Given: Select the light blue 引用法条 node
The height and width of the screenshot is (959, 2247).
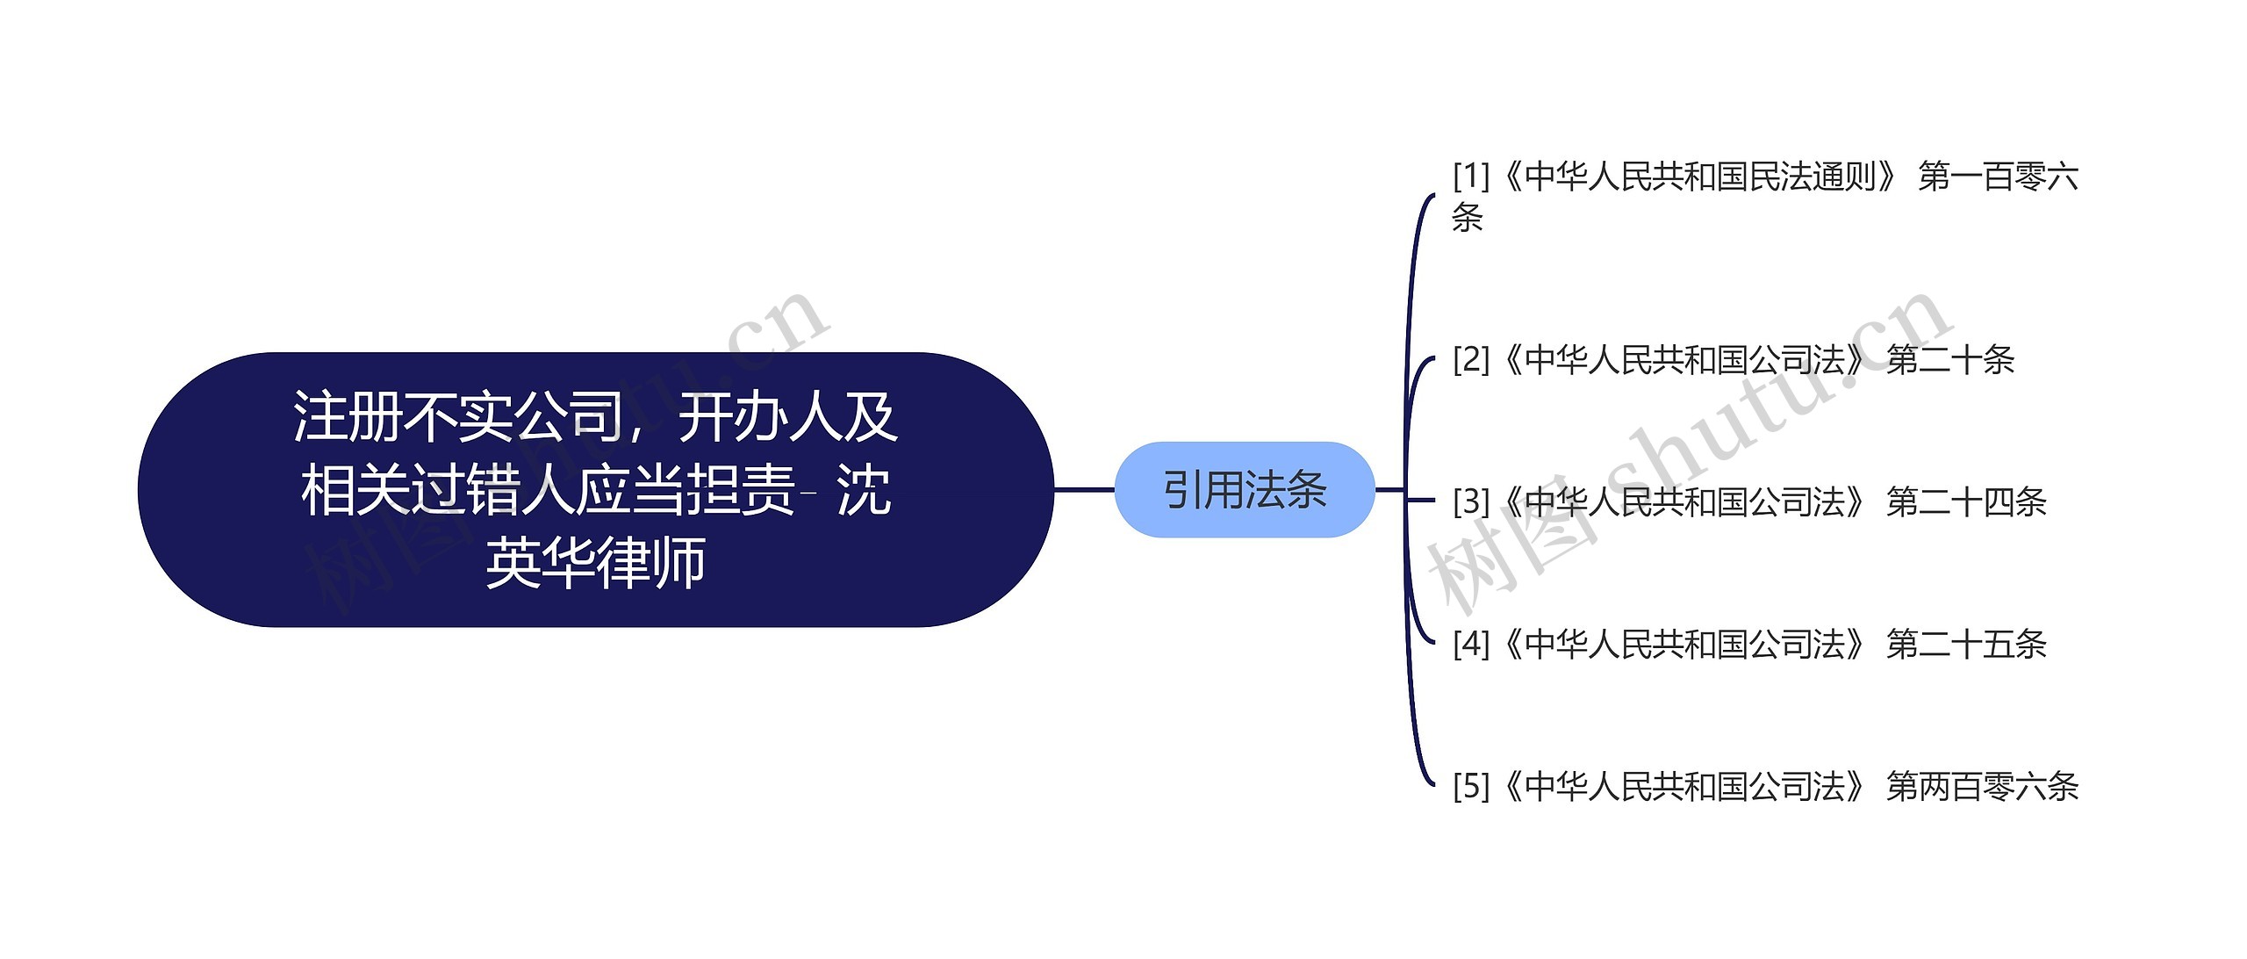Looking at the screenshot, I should tap(1244, 489).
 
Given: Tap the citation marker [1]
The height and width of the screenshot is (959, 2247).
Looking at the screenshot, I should tap(1471, 177).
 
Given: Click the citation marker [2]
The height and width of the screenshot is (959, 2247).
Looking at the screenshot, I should tap(1471, 359).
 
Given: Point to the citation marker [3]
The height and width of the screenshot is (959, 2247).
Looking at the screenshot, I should tap(1471, 502).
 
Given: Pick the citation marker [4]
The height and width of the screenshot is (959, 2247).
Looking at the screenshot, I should tap(1471, 645).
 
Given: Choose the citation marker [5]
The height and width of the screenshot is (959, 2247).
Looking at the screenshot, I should tap(1471, 787).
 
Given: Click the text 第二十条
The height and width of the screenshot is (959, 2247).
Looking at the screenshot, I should tap(1949, 359).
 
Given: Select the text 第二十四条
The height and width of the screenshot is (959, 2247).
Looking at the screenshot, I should tap(1966, 502).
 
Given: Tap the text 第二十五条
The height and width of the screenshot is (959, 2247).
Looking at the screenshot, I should tap(1966, 645).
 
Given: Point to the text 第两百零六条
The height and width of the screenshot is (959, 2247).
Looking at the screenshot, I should tap(1982, 787).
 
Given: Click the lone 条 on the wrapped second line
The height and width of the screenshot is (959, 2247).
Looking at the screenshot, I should tap(1468, 217).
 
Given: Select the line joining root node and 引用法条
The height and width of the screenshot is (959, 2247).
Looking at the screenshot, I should tap(1084, 489).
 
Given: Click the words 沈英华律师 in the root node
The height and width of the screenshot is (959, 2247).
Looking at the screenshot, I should tap(597, 562).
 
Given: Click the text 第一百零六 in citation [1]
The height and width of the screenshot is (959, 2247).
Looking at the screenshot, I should tap(1998, 177).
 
